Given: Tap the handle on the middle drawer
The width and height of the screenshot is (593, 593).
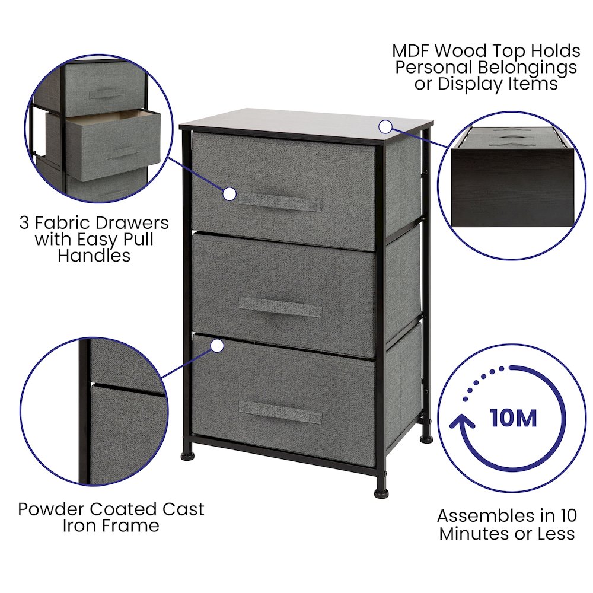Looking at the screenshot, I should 280,307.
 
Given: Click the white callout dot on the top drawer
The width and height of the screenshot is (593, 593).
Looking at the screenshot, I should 229,194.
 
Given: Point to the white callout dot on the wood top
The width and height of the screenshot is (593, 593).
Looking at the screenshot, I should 385,126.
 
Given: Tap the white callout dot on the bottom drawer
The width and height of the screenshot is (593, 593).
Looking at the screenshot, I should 218,345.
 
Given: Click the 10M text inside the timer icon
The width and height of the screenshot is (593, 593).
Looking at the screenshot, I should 514,418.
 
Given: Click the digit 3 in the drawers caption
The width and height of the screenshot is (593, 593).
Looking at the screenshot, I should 24,223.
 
